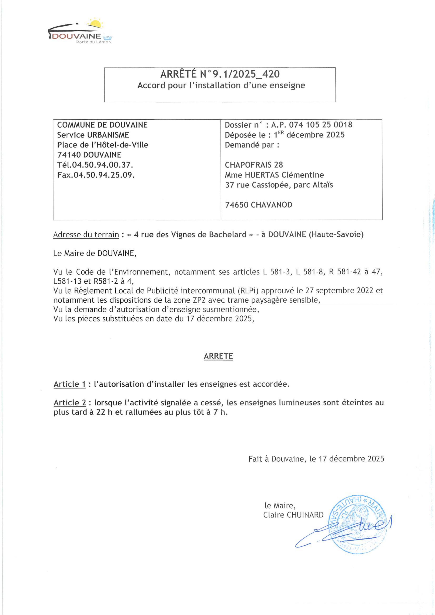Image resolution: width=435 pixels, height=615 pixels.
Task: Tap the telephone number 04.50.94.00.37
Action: pos(103,165)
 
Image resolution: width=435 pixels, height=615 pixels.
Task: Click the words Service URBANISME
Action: pos(93,135)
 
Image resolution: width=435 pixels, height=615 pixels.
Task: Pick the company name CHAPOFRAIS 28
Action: pos(254,165)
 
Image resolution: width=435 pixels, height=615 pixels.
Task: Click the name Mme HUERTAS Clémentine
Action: pos(274,175)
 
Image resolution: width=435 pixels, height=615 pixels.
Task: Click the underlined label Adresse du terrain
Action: pos(86,235)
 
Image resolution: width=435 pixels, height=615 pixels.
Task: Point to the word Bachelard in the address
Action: pos(227,235)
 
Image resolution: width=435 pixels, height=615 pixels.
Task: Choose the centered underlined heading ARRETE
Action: pos(218,356)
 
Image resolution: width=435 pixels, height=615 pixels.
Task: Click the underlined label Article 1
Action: pos(70,384)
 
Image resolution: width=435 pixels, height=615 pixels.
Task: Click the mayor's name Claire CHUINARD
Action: pos(293,515)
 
